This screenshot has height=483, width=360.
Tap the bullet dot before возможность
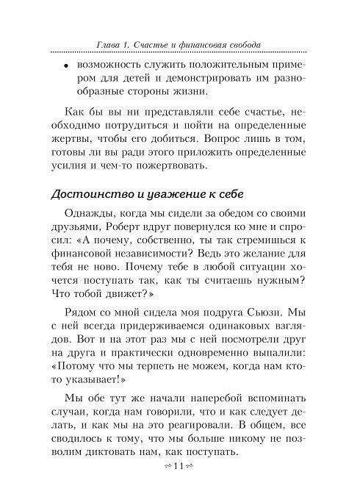click(65, 66)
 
